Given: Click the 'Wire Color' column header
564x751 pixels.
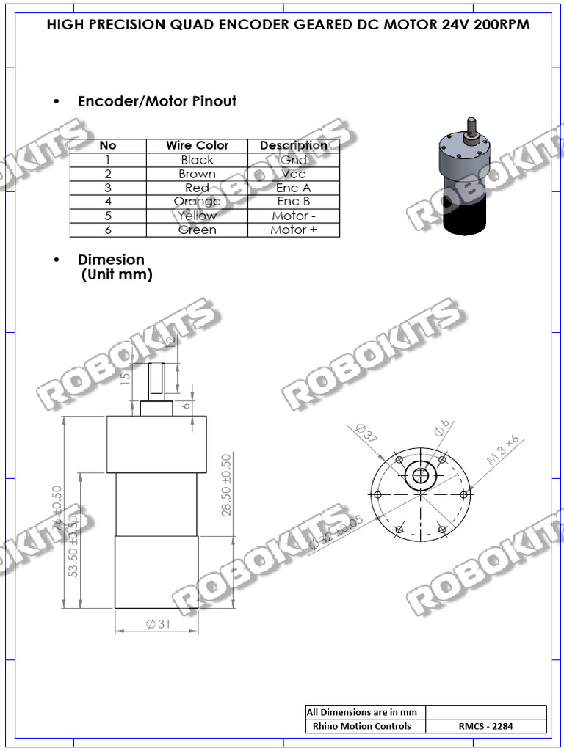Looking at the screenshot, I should [x=197, y=145].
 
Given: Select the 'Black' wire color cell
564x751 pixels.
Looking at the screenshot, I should [x=197, y=160].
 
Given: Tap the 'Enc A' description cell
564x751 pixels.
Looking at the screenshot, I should [x=294, y=188].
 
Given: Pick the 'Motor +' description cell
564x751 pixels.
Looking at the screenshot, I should [x=294, y=230].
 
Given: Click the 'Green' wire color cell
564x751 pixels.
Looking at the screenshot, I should [x=197, y=230].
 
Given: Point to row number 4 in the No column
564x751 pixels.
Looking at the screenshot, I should [x=108, y=202].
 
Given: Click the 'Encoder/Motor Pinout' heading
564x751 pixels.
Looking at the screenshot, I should [x=157, y=101].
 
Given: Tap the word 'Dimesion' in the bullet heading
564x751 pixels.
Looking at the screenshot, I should [x=111, y=260].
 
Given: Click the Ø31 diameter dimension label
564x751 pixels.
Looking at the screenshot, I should [x=159, y=624].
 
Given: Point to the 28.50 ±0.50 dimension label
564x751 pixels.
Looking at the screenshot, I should [x=226, y=485].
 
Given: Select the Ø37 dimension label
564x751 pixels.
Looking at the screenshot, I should [x=366, y=433].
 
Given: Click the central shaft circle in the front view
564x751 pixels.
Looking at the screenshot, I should [x=422, y=476].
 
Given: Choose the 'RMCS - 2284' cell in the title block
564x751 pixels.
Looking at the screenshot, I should [x=486, y=726].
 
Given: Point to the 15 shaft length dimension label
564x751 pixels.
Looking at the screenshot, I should [x=125, y=376].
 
